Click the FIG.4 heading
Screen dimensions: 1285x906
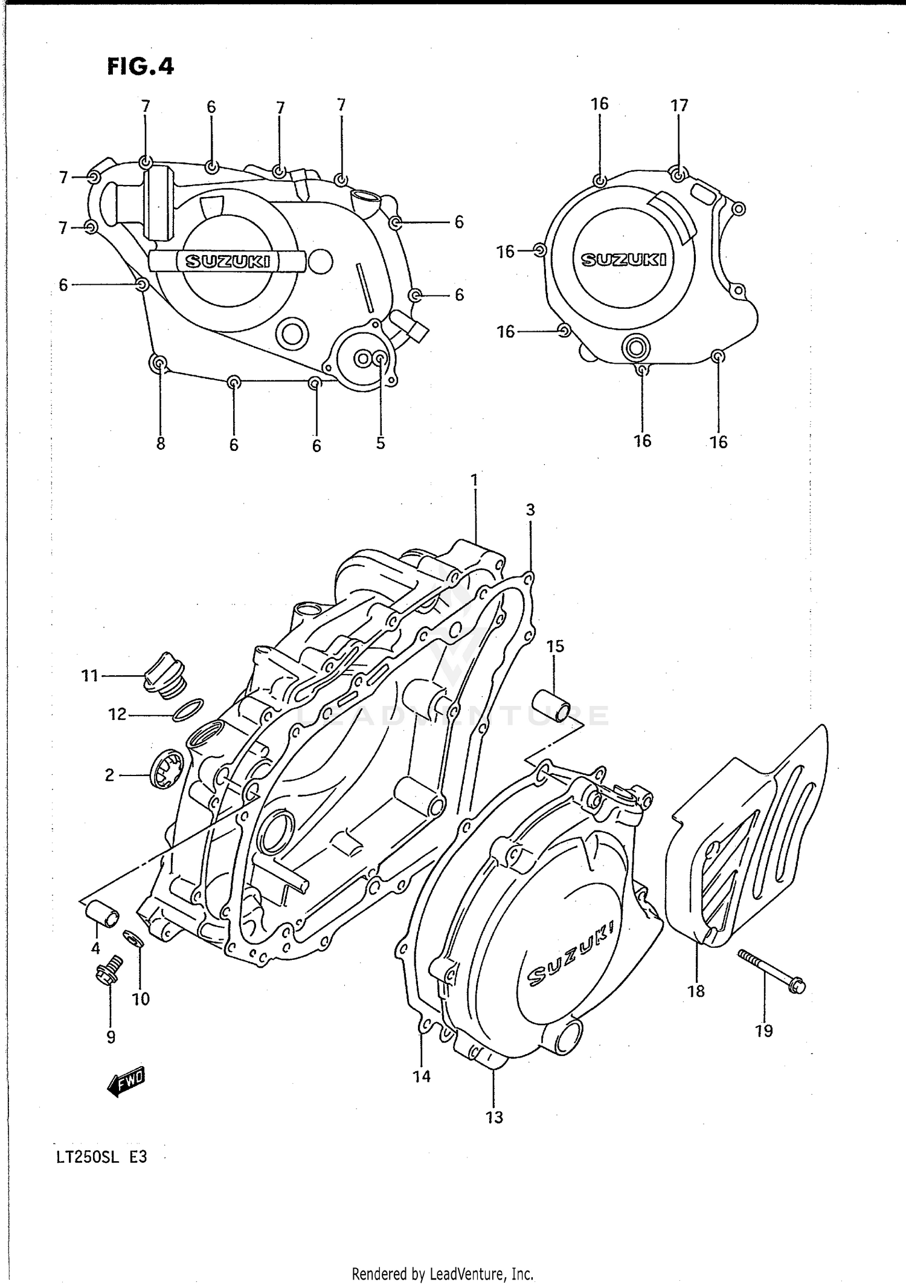coord(140,66)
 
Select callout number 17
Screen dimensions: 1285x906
coord(679,106)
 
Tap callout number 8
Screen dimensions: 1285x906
coord(161,444)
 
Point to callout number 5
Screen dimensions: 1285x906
coord(381,443)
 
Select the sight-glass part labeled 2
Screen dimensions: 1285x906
coord(165,769)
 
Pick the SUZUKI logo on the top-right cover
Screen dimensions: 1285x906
coord(623,260)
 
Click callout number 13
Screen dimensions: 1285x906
coord(494,1117)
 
